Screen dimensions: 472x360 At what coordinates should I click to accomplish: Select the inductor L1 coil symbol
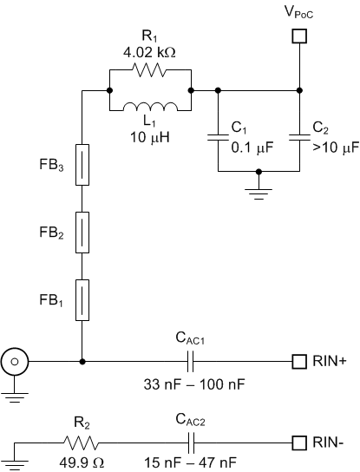coord(150,108)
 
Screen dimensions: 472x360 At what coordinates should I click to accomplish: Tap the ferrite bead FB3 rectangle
coord(82,165)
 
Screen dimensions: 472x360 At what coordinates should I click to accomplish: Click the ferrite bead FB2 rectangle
coord(82,233)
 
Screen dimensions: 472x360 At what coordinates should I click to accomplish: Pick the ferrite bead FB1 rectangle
coord(82,300)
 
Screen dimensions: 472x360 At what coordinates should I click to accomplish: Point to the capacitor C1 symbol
coord(217,136)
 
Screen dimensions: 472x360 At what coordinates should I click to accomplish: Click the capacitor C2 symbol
coord(299,136)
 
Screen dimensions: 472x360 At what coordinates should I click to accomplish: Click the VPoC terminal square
coord(299,36)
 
